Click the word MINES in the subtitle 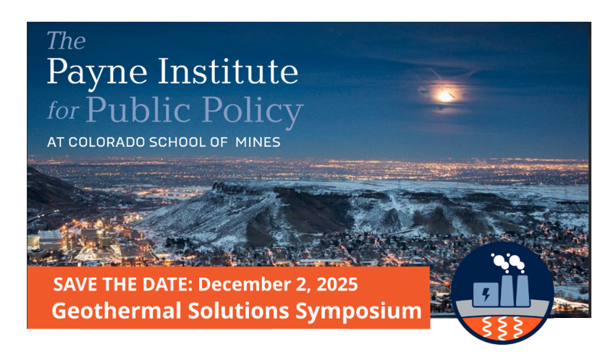click(x=257, y=143)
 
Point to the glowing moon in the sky click(x=445, y=95)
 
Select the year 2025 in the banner click(x=338, y=285)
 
